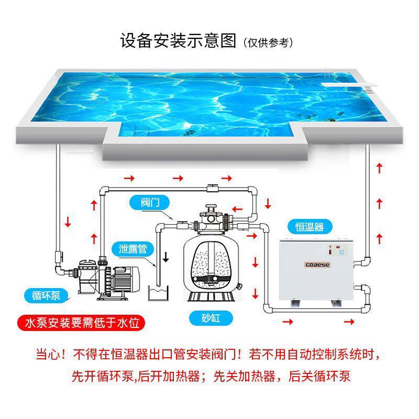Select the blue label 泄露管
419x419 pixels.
(x=134, y=248)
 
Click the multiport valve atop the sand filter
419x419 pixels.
(x=211, y=218)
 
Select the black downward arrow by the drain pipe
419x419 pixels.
(x=166, y=257)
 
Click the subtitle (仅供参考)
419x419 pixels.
(x=268, y=42)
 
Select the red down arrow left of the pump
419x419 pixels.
(x=67, y=223)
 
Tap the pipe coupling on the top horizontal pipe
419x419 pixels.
(x=212, y=188)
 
